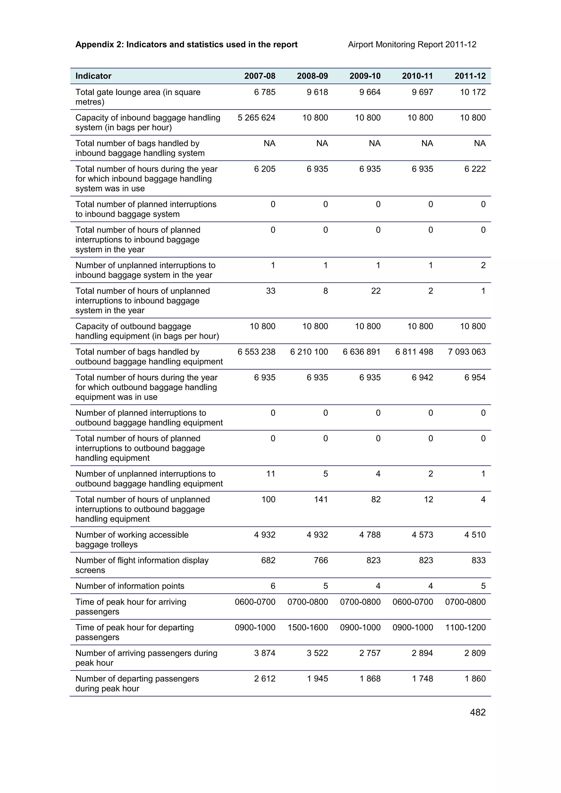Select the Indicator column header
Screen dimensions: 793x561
(93, 76)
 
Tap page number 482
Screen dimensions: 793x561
(478, 713)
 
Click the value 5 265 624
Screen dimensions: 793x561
(256, 118)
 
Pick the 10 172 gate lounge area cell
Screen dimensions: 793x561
(473, 92)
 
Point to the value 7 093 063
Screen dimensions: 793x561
(467, 352)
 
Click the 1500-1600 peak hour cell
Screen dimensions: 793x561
(308, 627)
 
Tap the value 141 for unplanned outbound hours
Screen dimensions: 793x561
(321, 499)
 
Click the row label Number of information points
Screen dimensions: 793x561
(130, 586)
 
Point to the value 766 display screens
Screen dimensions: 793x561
(321, 560)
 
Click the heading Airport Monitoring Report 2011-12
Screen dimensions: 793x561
(412, 45)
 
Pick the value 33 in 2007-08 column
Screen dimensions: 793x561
(270, 291)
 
